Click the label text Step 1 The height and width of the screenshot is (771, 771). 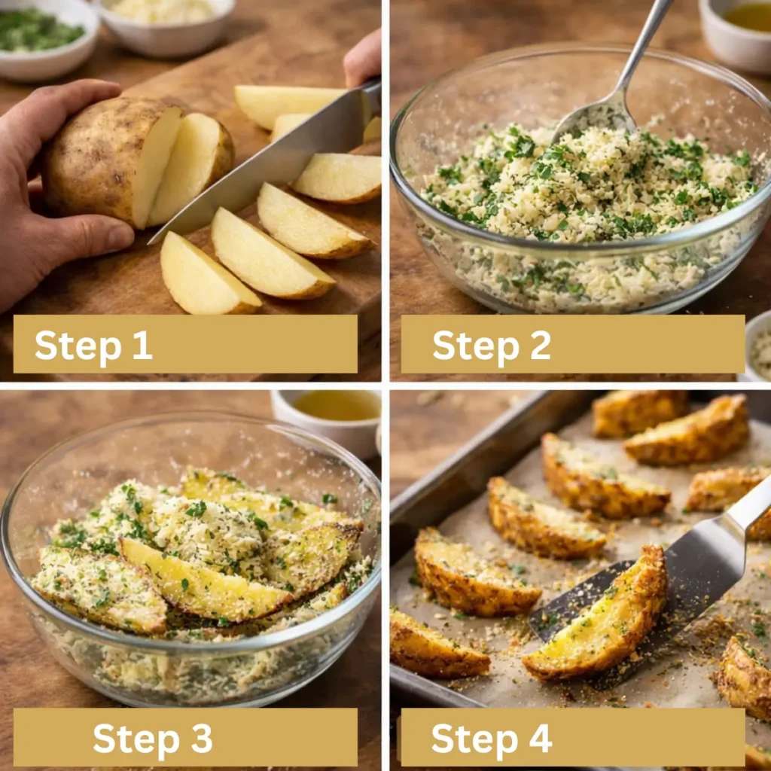tap(93, 345)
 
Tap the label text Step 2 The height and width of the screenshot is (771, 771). tap(491, 345)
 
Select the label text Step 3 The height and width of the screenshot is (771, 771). tap(152, 738)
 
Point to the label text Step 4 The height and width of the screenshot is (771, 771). tap(491, 738)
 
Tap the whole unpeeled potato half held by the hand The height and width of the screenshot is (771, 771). tap(113, 160)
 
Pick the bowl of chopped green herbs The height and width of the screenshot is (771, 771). tap(47, 39)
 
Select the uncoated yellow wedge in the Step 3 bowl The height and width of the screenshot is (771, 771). tap(204, 581)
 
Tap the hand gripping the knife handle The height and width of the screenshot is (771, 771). tap(363, 56)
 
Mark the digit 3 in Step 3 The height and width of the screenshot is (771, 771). tap(202, 738)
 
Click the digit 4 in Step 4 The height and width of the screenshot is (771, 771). tap(540, 738)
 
